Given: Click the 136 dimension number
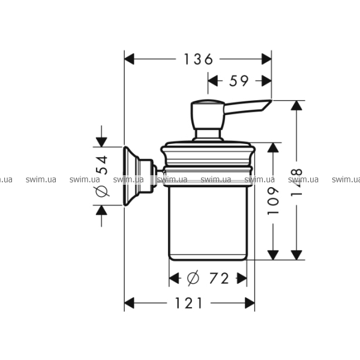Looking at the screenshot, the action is click(199, 59).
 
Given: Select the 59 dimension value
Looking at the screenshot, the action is click(239, 81).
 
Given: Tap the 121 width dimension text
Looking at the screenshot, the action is click(189, 303).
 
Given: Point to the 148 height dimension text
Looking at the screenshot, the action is click(296, 182).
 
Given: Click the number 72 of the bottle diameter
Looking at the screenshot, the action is click(219, 278).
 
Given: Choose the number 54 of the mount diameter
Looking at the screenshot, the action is click(101, 165).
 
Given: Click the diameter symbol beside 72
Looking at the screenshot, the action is click(193, 278).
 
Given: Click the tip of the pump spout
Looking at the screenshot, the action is click(272, 100).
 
